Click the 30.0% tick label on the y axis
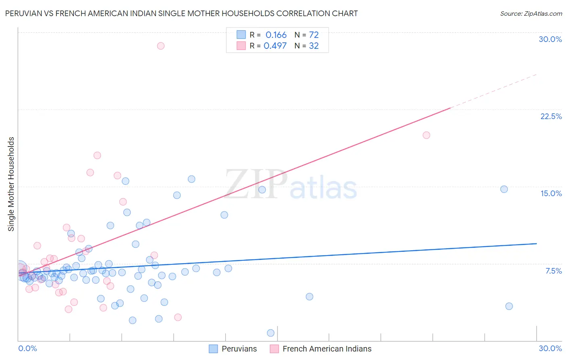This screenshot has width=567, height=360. coord(550,39)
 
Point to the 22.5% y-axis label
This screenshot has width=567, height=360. coord(551,116)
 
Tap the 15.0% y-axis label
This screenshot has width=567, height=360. coord(551,193)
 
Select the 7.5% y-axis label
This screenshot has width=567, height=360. coord(553,271)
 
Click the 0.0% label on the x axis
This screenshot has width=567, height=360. coord(27,348)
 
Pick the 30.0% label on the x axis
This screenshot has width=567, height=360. coord(550,348)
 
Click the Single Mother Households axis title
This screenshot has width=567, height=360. coord(11,184)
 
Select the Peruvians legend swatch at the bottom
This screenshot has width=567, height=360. coord(213,349)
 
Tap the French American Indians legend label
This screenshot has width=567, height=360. coord(327,349)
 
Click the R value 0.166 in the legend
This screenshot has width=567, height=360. coord(276,35)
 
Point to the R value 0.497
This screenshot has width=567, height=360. coord(275,46)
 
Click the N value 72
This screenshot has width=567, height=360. coord(314,35)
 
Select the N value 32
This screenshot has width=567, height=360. coord(314,46)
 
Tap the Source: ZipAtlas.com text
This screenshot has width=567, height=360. coord(531,14)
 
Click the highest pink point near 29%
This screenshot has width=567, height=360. coord(161,46)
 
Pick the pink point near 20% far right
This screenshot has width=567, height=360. coord(426,135)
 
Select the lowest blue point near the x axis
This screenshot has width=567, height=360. coord(271,333)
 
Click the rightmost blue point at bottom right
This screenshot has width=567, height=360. coord(509,306)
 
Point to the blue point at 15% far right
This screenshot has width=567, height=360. coord(504,189)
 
